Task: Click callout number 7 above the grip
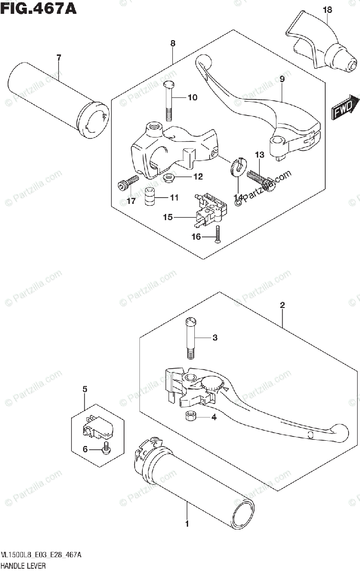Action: coord(59,58)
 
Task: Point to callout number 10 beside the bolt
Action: coord(192,98)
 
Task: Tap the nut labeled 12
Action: coord(168,178)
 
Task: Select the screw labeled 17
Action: coord(127,182)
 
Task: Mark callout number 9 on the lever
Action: coord(282,79)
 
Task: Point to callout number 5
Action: coord(85,390)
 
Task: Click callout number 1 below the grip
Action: coord(187,524)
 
